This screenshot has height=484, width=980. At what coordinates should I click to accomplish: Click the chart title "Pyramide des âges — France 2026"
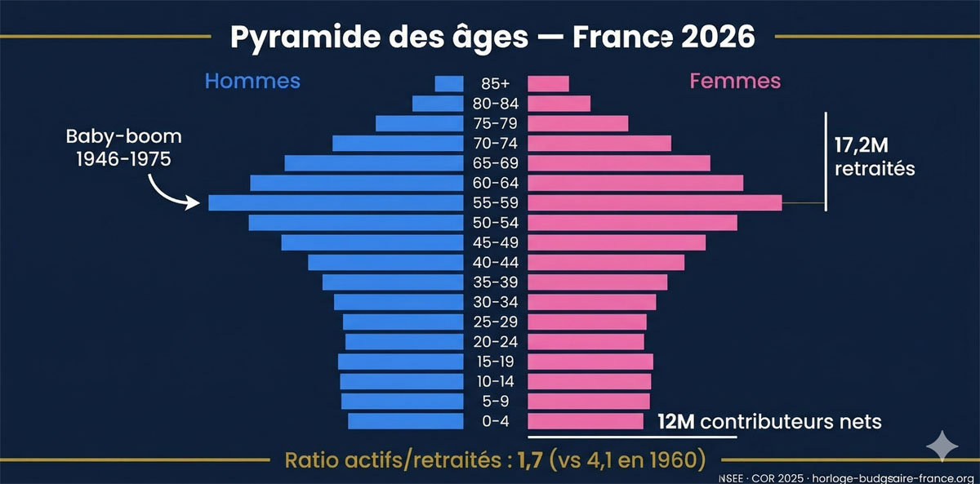(489, 37)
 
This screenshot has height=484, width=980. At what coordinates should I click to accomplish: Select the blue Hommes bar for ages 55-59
(335, 202)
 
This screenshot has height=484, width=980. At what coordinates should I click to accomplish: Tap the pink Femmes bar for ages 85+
(548, 83)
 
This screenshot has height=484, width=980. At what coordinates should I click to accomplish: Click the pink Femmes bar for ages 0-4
(587, 421)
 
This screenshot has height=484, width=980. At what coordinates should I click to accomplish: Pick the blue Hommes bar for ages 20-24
(403, 342)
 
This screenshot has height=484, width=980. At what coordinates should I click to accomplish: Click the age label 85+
(495, 83)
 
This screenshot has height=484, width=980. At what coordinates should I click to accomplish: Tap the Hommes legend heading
(252, 82)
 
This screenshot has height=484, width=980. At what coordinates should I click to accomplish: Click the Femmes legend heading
(735, 82)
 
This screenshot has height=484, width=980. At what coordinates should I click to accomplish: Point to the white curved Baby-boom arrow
(172, 193)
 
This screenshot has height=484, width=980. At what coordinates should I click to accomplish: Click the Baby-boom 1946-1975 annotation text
(122, 147)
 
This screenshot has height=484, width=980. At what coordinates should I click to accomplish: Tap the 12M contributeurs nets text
(769, 422)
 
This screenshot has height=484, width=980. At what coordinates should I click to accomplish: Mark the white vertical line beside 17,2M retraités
(826, 160)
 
